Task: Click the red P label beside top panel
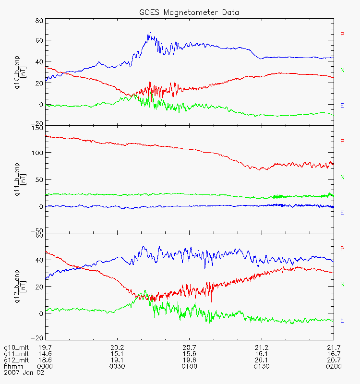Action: (342, 34)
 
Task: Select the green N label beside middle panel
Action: (342, 177)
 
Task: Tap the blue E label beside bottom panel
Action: (342, 320)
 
